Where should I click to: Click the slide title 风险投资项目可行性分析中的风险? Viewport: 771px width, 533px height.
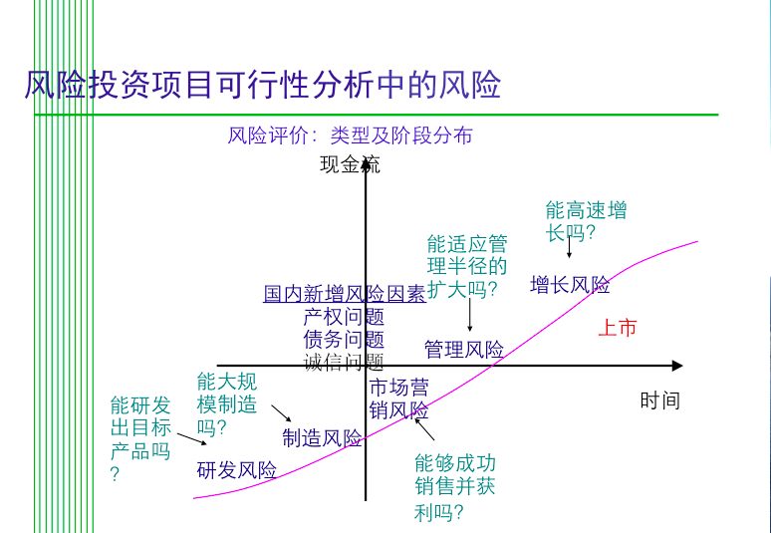[x=263, y=85]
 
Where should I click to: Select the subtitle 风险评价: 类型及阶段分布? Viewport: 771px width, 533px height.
[x=350, y=135]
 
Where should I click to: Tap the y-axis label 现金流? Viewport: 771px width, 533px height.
[x=350, y=164]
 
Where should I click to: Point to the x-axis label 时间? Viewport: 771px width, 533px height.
[x=659, y=400]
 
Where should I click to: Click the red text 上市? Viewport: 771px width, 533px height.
[x=618, y=328]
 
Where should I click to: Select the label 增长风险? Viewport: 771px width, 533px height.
[x=570, y=285]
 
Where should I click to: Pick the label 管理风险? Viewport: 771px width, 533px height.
[x=463, y=349]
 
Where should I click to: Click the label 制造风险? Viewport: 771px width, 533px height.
[x=322, y=437]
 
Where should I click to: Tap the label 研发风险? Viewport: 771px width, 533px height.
[x=236, y=470]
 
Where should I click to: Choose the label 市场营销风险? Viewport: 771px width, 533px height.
[x=398, y=399]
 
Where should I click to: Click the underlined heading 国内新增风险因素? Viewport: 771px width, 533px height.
[x=345, y=294]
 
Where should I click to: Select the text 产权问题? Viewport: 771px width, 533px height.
[x=344, y=317]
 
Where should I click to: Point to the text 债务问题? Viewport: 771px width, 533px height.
[x=344, y=340]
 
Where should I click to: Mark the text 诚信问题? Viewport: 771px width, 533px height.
[x=344, y=363]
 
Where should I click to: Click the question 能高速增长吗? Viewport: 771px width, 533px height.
[x=586, y=221]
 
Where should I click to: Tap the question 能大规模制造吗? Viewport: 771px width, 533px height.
[x=227, y=404]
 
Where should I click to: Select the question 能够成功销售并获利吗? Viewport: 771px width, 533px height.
[x=455, y=487]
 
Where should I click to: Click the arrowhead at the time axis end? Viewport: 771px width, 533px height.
[x=678, y=366]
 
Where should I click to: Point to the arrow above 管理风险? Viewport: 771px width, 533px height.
[x=469, y=315]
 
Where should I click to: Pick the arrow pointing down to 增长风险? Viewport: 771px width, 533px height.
[x=569, y=247]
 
